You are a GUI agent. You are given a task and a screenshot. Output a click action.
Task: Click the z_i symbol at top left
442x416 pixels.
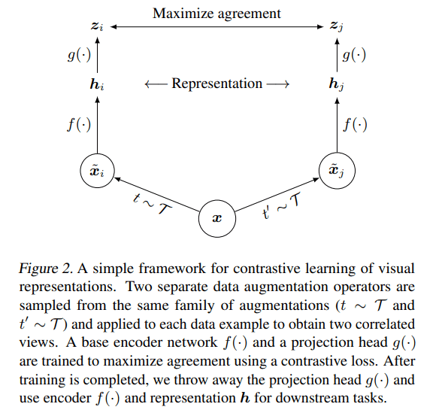tap(97, 26)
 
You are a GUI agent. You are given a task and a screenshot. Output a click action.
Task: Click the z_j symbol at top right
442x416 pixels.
tap(337, 26)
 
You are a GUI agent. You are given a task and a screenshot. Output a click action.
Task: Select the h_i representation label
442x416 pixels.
tap(97, 84)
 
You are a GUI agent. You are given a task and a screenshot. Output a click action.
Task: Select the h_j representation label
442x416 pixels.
tap(337, 84)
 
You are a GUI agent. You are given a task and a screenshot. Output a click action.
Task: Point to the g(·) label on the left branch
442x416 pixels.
tap(79, 54)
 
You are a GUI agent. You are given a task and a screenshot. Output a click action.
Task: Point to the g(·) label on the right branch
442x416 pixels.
tap(354, 54)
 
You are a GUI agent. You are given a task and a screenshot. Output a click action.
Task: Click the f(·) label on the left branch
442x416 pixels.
tap(79, 124)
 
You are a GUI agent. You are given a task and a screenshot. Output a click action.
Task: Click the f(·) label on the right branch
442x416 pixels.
tap(355, 124)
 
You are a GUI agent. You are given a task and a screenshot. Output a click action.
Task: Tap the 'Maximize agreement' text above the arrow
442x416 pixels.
tap(216, 14)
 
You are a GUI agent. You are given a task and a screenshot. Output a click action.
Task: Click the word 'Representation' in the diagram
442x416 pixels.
tap(217, 84)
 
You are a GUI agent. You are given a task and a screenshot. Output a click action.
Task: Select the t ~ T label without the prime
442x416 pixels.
tap(152, 204)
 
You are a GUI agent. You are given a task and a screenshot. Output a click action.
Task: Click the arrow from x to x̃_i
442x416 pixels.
tap(156, 194)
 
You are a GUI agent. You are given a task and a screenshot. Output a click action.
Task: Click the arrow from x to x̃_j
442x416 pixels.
tap(277, 194)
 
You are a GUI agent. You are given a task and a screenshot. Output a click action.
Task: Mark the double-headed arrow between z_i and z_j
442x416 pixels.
tap(216, 27)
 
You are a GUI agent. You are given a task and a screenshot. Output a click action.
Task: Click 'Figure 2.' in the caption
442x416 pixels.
tap(46, 269)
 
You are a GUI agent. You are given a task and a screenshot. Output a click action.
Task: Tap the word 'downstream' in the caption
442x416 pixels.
tap(313, 398)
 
